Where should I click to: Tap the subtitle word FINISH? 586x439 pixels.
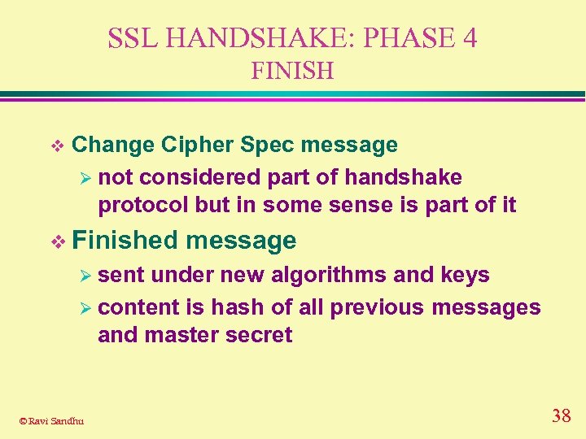point(292,72)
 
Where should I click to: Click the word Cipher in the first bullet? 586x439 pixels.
point(199,145)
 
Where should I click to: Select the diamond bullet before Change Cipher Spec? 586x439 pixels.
point(56,146)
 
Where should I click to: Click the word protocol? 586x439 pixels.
point(143,205)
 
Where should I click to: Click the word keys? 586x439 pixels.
point(465,275)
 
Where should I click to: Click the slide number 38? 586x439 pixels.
point(561,416)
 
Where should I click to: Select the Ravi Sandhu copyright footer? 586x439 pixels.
point(50,420)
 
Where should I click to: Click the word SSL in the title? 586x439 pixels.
point(129,38)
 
